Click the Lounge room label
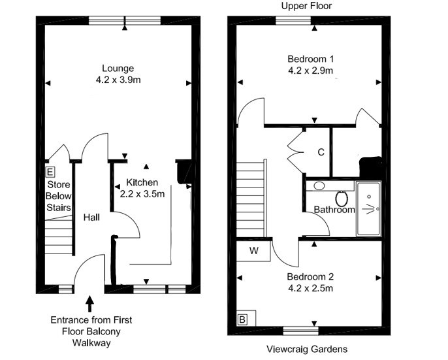pyautogui.click(x=118, y=69)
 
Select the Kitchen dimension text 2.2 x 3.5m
pyautogui.click(x=142, y=194)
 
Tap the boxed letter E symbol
pyautogui.click(x=50, y=172)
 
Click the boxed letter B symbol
pyautogui.click(x=242, y=319)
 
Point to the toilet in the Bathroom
pyautogui.click(x=342, y=198)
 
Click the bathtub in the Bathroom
pyautogui.click(x=368, y=208)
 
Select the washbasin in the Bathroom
pyautogui.click(x=319, y=186)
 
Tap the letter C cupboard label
pyautogui.click(x=321, y=152)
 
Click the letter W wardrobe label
pyautogui.click(x=253, y=251)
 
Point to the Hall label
pyautogui.click(x=91, y=218)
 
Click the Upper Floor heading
pyautogui.click(x=306, y=6)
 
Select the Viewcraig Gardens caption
pyautogui.click(x=307, y=349)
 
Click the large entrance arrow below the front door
pyautogui.click(x=90, y=304)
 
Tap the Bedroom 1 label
pyautogui.click(x=311, y=59)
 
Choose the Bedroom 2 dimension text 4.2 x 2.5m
pyautogui.click(x=311, y=288)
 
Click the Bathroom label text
pyautogui.click(x=334, y=210)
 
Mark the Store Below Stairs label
pyautogui.click(x=59, y=196)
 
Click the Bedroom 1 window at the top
pyautogui.click(x=293, y=21)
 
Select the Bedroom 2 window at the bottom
pyautogui.click(x=300, y=331)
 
